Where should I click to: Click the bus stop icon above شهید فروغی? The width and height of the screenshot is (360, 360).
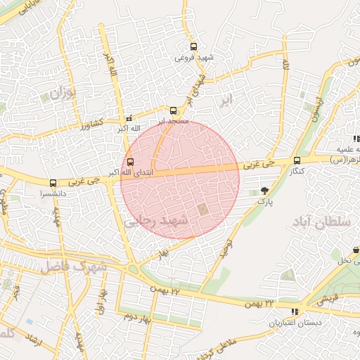[x=194, y=47]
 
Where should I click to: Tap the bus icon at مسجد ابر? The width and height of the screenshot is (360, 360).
[x=174, y=110]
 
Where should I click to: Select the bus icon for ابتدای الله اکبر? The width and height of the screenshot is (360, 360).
[x=129, y=161]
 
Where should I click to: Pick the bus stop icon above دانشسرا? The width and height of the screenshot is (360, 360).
[x=53, y=182]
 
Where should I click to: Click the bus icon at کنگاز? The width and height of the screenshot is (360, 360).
[x=297, y=160]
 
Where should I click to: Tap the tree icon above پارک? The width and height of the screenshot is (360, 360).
[x=264, y=190]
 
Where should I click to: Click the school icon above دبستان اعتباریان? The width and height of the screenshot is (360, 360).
[x=294, y=311]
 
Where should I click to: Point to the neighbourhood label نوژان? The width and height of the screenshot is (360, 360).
[x=62, y=91]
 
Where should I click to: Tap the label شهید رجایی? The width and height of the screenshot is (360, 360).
[x=157, y=221]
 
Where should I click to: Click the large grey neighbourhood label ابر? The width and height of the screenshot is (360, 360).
[x=226, y=98]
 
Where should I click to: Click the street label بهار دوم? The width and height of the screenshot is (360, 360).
[x=139, y=316]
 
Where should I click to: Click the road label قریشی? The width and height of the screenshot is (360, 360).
[x=324, y=300]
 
